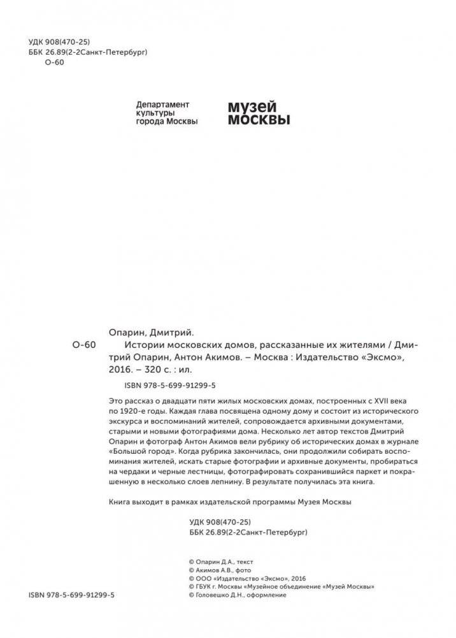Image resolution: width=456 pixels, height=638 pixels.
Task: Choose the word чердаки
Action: (127, 472)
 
